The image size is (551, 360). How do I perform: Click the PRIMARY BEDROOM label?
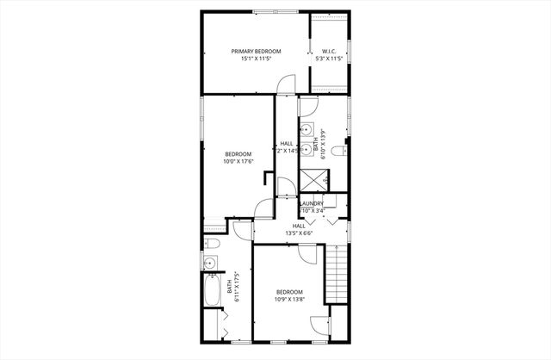coord(256,52)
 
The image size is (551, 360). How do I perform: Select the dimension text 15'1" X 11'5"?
coord(256,59)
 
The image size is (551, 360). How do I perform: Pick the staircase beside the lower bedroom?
coord(337,273)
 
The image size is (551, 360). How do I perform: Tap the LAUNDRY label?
coord(312,203)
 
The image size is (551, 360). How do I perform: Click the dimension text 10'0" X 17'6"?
coord(238,161)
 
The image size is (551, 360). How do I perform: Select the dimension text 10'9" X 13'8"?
coord(289,300)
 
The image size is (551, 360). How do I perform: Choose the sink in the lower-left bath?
coord(209,263)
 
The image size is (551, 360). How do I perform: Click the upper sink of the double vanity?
coord(306,130)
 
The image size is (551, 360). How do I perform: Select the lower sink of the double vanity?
coord(306,147)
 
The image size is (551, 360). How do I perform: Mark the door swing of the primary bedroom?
coord(287,84)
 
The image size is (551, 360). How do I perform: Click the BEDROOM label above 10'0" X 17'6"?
coord(238,154)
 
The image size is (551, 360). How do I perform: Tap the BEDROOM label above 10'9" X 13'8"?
coord(289,292)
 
